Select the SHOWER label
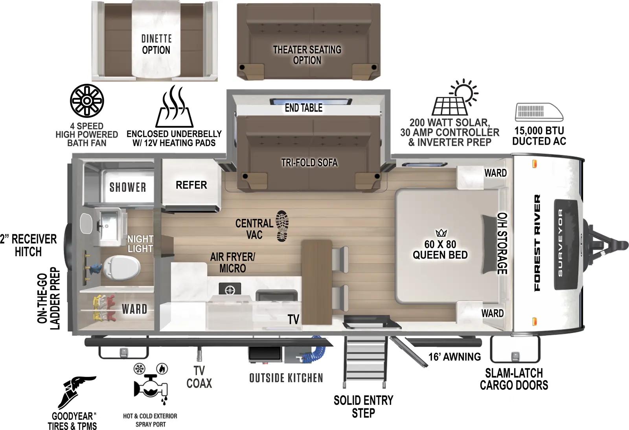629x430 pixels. tap(128, 187)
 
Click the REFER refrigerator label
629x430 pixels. tap(191, 185)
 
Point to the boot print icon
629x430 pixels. tap(282, 226)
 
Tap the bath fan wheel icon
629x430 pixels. tap(87, 101)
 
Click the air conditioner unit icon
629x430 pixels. tap(539, 112)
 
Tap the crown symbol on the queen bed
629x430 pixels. tap(441, 233)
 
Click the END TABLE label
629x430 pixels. tap(303, 108)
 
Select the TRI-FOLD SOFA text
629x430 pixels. tap(309, 162)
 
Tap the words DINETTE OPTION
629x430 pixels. tap(156, 44)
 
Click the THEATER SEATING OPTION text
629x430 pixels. tap(307, 55)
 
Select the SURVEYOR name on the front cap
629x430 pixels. tap(560, 242)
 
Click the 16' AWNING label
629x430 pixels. tap(454, 356)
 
